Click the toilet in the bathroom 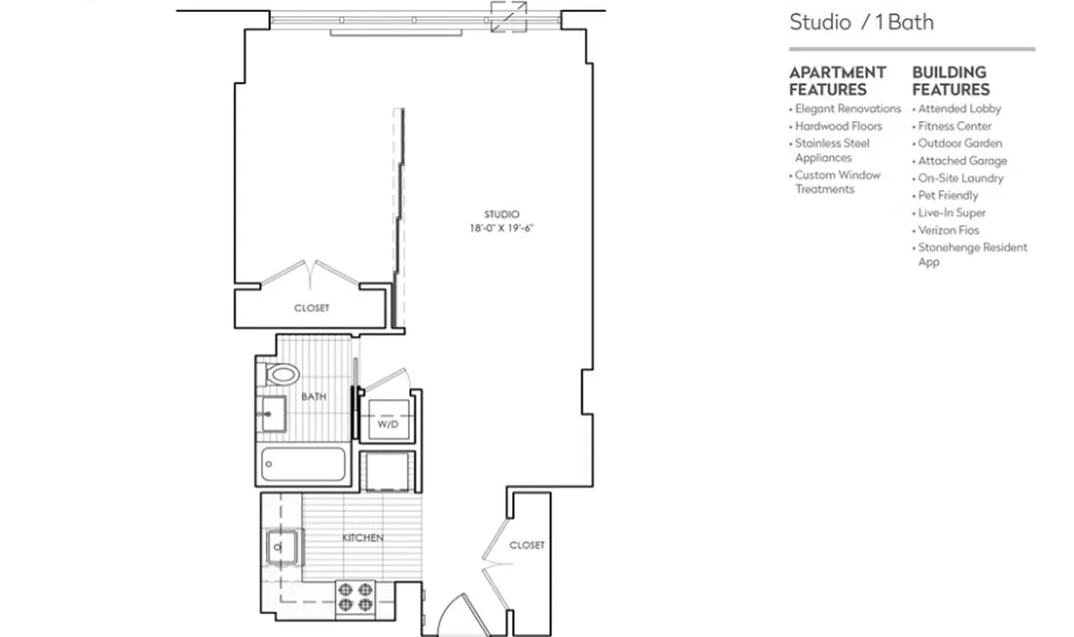(281, 373)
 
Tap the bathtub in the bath (303, 464)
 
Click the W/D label (387, 424)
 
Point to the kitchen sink (280, 546)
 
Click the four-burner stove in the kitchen (355, 596)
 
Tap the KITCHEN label (363, 538)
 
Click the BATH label (314, 397)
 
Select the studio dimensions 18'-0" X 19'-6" (501, 229)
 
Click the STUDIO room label (502, 214)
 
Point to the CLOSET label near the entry (527, 545)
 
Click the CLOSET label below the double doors (311, 308)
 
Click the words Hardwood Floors (838, 126)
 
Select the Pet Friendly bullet (947, 195)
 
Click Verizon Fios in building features (948, 230)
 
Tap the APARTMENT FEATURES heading (837, 80)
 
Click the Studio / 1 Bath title (861, 21)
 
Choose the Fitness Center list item (955, 126)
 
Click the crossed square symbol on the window (509, 17)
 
